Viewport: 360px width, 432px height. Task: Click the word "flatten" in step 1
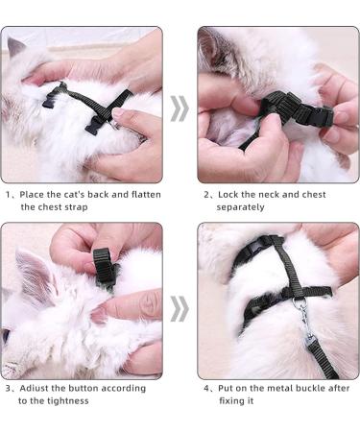pos(146,194)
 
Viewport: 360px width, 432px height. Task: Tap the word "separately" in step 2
pos(240,207)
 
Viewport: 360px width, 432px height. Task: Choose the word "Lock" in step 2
pos(228,194)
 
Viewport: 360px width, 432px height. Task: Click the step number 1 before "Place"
pos(8,195)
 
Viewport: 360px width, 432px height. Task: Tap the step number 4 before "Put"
pos(206,389)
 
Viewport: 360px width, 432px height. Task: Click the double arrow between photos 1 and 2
pos(180,108)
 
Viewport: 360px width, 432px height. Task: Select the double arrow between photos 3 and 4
pos(180,309)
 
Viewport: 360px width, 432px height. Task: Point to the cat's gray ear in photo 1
pos(15,47)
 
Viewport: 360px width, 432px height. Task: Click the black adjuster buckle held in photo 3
pos(104,267)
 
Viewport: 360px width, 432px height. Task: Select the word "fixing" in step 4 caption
pos(230,400)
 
